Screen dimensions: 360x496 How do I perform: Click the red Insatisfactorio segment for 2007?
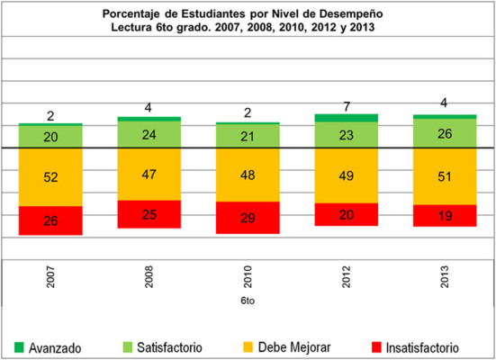50,220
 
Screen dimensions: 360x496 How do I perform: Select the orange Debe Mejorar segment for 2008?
149,174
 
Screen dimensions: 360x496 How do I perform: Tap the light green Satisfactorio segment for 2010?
248,136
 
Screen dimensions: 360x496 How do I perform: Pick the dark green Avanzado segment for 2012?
346,118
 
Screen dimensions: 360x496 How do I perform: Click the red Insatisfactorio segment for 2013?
445,216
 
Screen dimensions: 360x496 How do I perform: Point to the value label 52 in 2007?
50,177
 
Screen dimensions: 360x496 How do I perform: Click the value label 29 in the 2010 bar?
248,218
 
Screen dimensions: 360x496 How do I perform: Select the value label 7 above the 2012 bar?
346,106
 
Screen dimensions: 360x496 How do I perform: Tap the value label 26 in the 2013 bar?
445,132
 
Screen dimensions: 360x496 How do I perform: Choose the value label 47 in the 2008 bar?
149,174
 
